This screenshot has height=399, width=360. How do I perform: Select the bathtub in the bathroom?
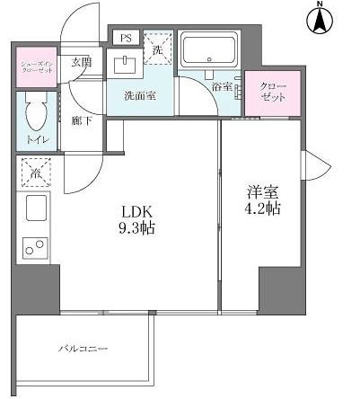(x=208, y=49)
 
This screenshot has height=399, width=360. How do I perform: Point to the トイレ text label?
(x=37, y=141)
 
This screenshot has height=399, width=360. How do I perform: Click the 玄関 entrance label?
(x=81, y=62)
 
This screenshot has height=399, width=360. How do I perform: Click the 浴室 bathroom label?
(x=222, y=87)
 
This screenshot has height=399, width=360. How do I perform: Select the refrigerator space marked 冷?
(x=37, y=172)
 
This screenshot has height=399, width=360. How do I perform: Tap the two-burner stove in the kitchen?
(x=37, y=246)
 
